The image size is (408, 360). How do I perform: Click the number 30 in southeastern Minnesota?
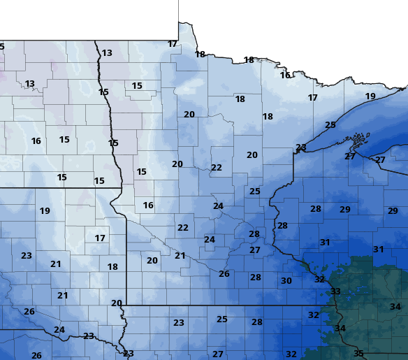[x=286, y=280]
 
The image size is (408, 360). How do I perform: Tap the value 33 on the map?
[x=336, y=291]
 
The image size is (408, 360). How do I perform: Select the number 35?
[x=358, y=354]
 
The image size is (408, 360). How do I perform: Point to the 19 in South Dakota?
[x=45, y=211]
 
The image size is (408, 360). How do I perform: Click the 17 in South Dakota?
[x=100, y=238]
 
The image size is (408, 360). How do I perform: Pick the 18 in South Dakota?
[x=112, y=267]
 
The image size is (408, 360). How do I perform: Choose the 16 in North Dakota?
[x=36, y=141]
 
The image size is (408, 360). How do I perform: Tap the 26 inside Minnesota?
[x=224, y=274]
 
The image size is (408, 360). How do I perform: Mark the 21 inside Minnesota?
[x=180, y=256]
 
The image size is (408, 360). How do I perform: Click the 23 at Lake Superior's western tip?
[x=300, y=147]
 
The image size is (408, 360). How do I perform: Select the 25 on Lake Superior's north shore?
[x=330, y=125]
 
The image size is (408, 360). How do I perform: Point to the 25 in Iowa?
[x=222, y=319]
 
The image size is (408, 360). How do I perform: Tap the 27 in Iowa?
[x=218, y=354]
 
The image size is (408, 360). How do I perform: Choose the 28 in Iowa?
[x=257, y=322]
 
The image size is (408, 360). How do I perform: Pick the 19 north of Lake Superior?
[x=370, y=96]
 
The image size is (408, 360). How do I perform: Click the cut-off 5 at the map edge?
[x=2, y=47]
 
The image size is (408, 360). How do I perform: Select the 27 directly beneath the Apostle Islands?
[x=350, y=157]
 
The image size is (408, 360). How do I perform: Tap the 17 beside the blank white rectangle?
[x=173, y=44]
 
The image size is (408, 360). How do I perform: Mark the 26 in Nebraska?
[x=36, y=355]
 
